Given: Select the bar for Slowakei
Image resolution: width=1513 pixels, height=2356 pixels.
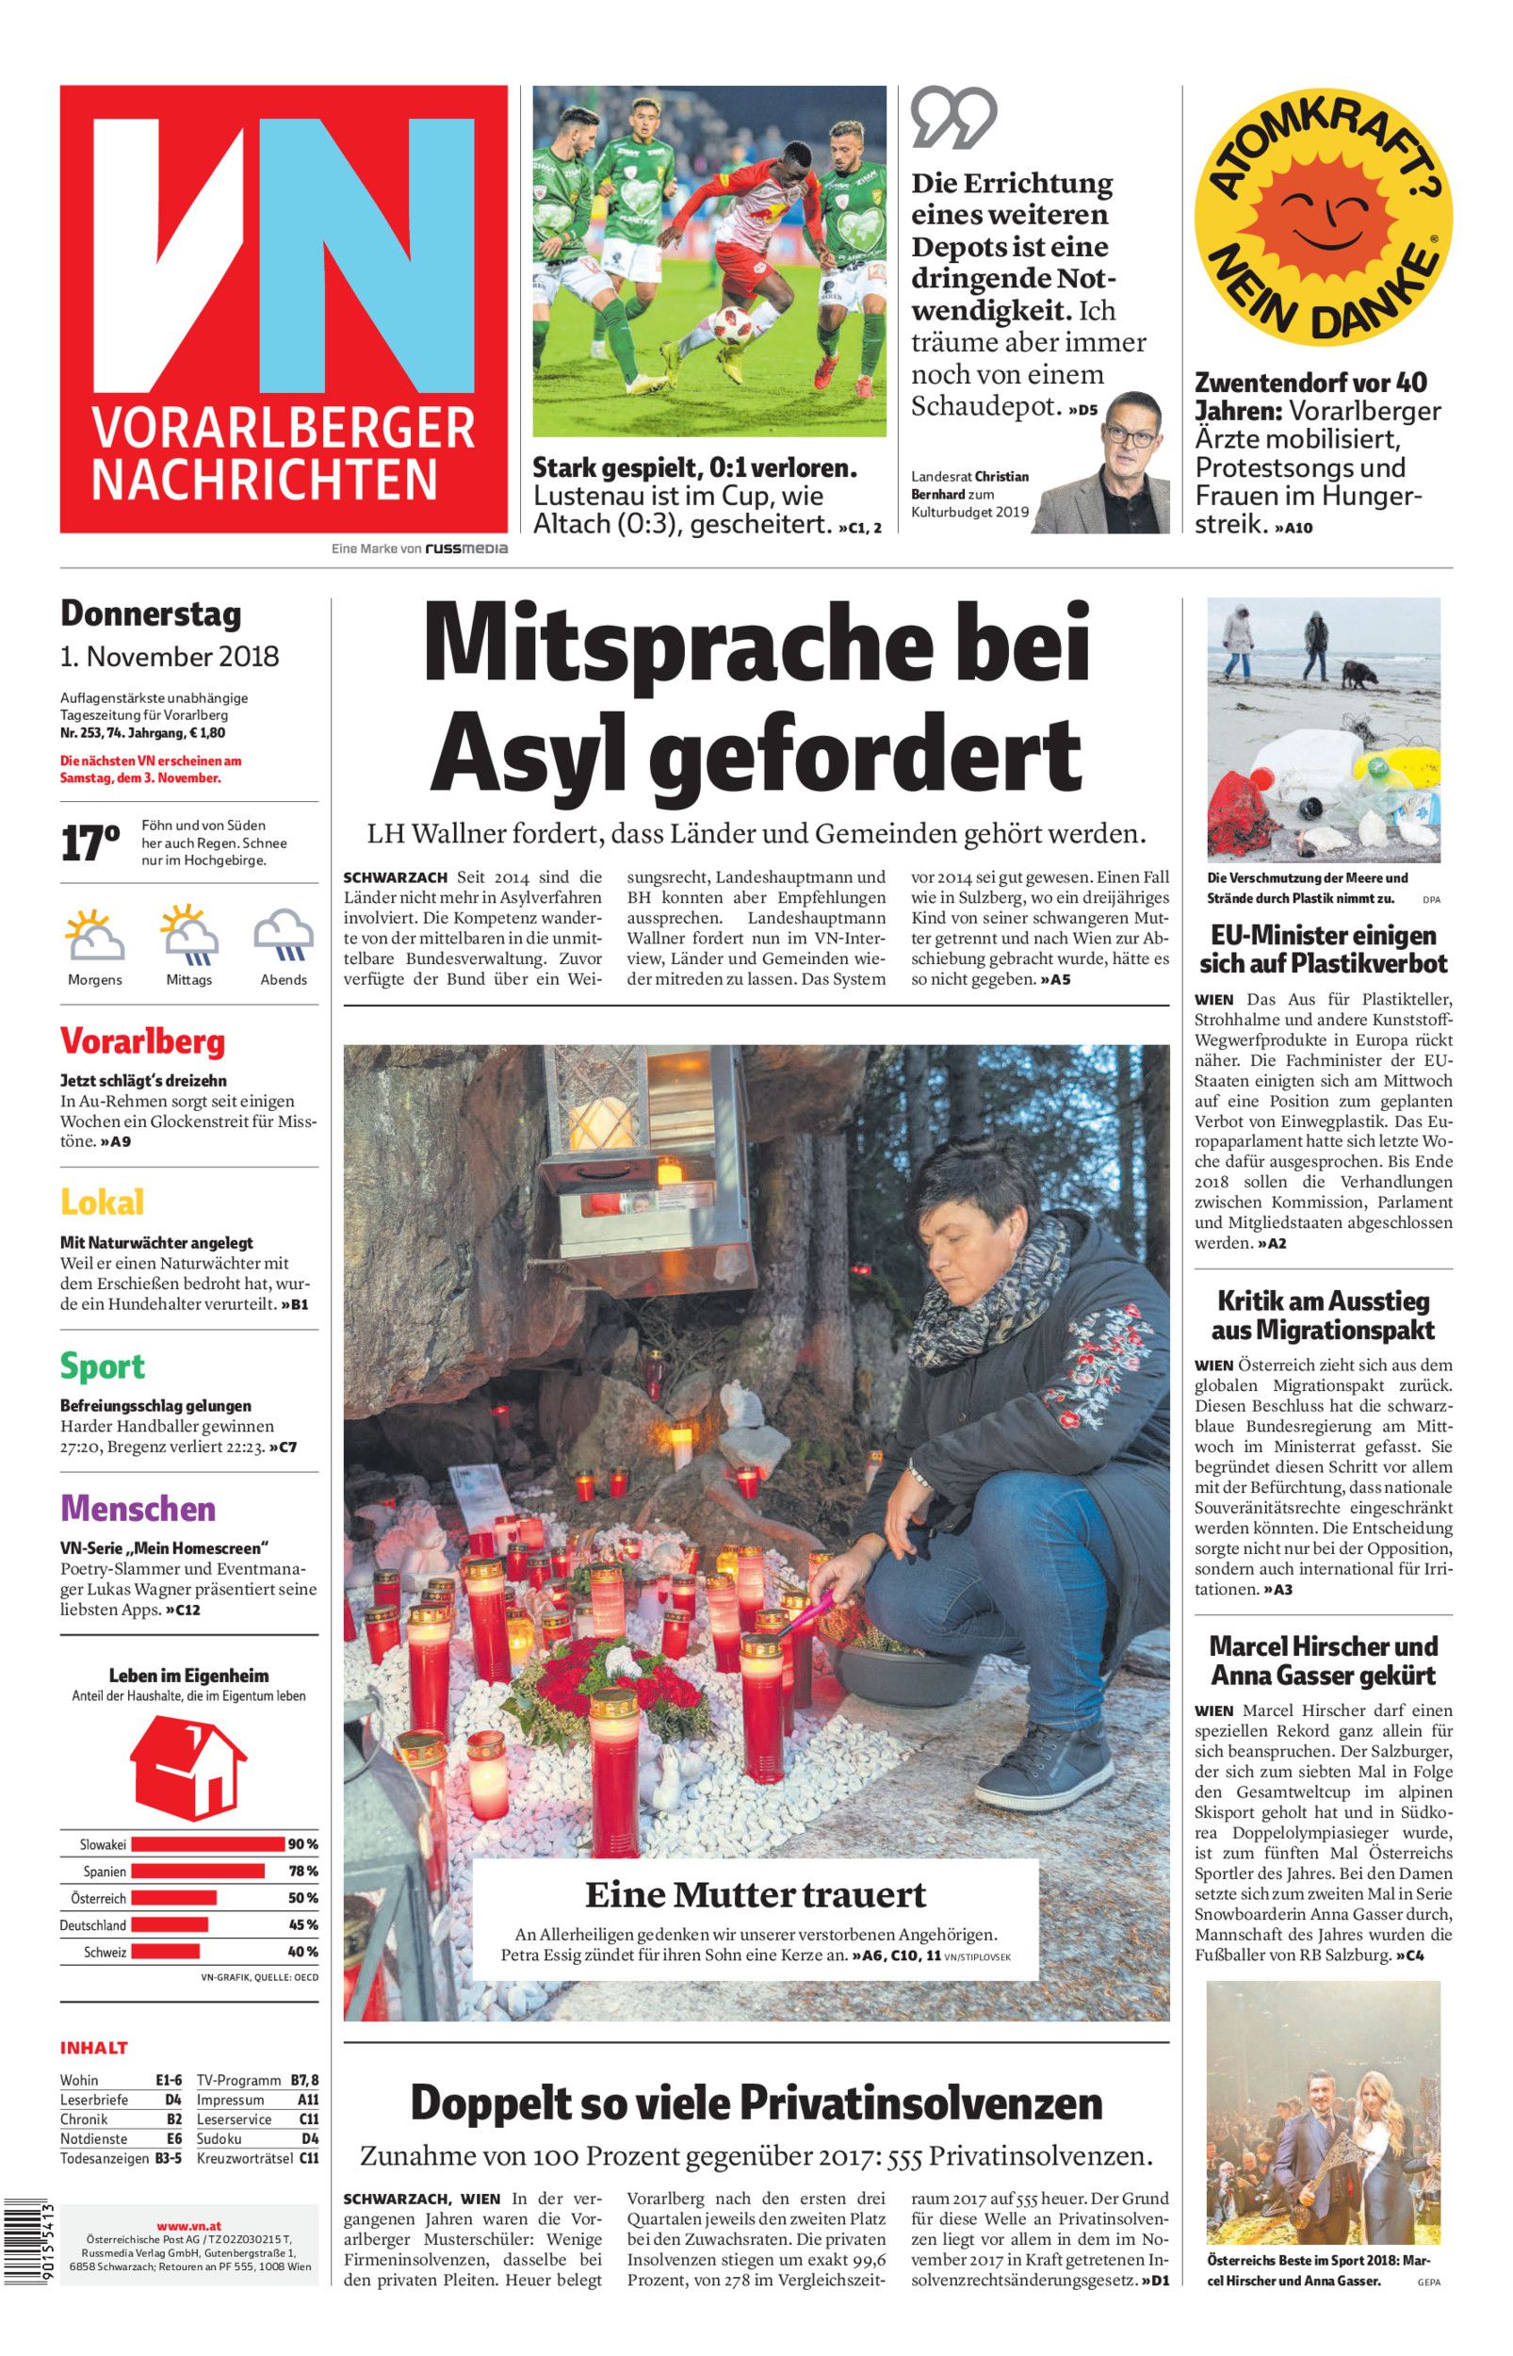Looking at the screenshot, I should [x=207, y=1844].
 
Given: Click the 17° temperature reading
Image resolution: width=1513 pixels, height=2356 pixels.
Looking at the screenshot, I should [x=89, y=843].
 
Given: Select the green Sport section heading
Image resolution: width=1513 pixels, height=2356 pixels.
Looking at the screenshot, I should [x=102, y=1366].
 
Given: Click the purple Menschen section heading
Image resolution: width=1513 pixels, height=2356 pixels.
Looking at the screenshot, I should [x=138, y=1508].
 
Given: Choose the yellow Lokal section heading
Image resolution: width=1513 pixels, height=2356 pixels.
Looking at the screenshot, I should [x=102, y=1202].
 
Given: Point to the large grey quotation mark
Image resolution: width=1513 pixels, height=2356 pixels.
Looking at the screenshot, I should [x=953, y=118].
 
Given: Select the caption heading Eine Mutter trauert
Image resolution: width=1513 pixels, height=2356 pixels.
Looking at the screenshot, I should [x=756, y=1893].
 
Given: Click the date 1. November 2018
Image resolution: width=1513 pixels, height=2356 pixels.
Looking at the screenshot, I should [x=169, y=655].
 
